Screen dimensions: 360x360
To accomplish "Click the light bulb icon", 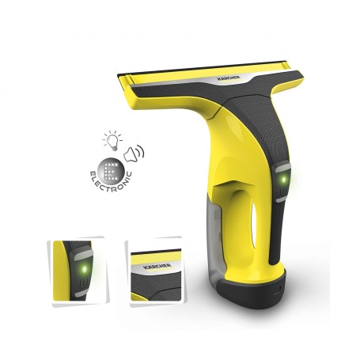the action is click(112, 140).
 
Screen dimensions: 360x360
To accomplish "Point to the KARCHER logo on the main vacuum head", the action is click(229, 78).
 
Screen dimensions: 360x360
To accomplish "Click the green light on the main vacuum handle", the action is click(284, 180).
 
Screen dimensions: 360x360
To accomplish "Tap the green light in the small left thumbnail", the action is click(84, 269).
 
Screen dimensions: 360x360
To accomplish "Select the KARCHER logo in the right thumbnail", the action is click(157, 267).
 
